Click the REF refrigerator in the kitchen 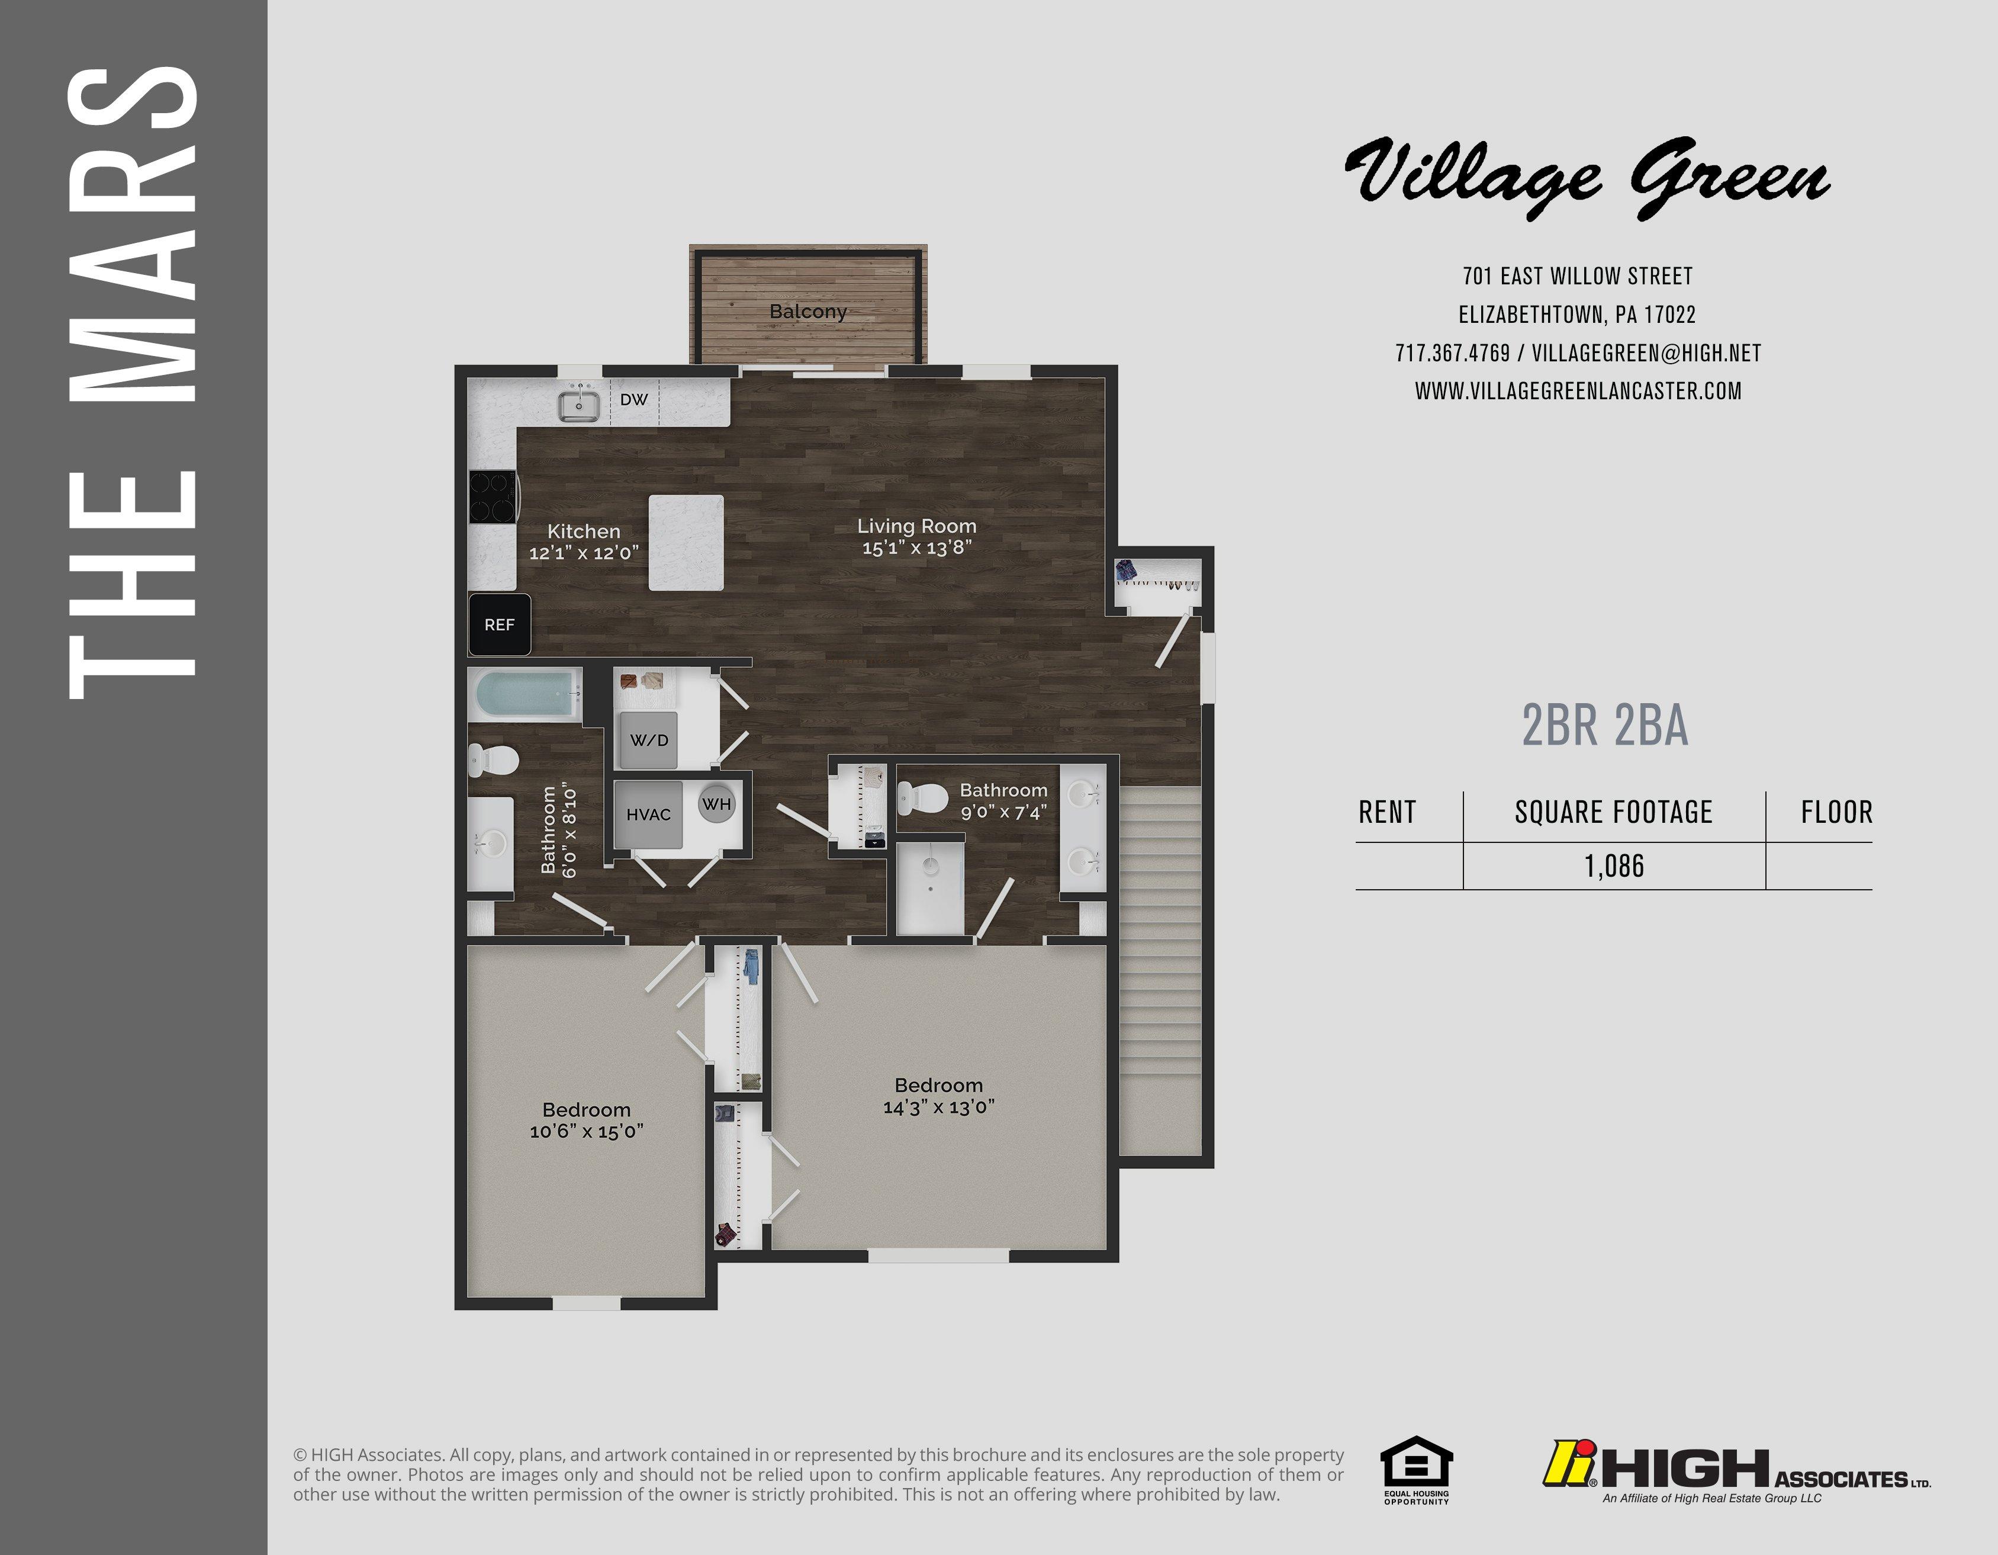[500, 624]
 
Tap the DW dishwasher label [634, 399]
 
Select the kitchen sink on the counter [579, 403]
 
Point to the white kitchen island [686, 543]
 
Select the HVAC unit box [649, 815]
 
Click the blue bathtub [527, 695]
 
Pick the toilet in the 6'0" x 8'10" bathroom [494, 759]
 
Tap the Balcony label [808, 311]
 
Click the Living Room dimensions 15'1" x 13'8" [916, 547]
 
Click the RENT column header [1387, 812]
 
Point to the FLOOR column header [1837, 812]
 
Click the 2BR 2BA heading [1606, 725]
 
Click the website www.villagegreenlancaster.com [1578, 391]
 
